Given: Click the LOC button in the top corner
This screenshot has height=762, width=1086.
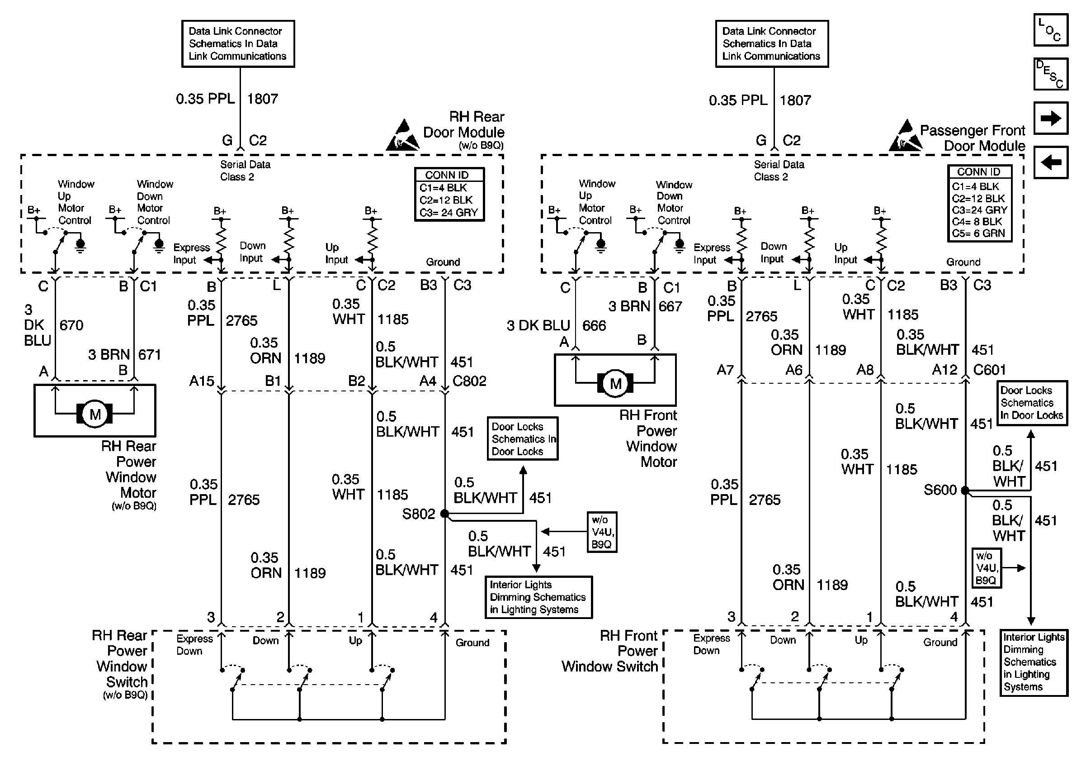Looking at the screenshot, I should pyautogui.click(x=1051, y=30).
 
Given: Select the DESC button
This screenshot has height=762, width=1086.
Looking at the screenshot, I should pyautogui.click(x=1051, y=74).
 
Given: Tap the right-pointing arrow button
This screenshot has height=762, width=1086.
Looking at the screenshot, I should pyautogui.click(x=1051, y=118).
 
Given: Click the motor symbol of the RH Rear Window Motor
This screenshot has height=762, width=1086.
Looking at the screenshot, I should pyautogui.click(x=94, y=414).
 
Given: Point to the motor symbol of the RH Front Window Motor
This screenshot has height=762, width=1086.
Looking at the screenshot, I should pyautogui.click(x=615, y=383).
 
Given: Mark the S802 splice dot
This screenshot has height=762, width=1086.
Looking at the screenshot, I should pyautogui.click(x=444, y=514).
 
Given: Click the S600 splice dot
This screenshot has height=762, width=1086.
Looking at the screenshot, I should pyautogui.click(x=965, y=491).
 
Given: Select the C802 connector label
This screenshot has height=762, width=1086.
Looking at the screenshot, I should pyautogui.click(x=469, y=381).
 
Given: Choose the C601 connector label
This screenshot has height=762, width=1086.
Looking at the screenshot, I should pyautogui.click(x=989, y=370).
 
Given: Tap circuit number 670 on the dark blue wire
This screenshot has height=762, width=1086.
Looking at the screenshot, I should pyautogui.click(x=71, y=325).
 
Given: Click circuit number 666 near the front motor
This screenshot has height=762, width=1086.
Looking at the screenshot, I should pyautogui.click(x=594, y=326).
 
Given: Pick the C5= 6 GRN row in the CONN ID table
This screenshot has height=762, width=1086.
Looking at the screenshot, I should pyautogui.click(x=978, y=233).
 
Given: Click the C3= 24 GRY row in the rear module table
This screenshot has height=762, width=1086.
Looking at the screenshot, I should pyautogui.click(x=449, y=213).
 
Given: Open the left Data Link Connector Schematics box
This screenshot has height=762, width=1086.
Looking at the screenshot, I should pyautogui.click(x=238, y=43).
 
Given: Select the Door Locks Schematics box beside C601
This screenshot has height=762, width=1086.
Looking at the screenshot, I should pyautogui.click(x=1032, y=403).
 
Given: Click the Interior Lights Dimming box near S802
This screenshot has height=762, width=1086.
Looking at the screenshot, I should pyautogui.click(x=538, y=597).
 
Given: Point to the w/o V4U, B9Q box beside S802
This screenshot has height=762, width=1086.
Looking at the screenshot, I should pyautogui.click(x=602, y=532).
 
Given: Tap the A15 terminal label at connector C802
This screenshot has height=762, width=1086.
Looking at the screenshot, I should pyautogui.click(x=202, y=381).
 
